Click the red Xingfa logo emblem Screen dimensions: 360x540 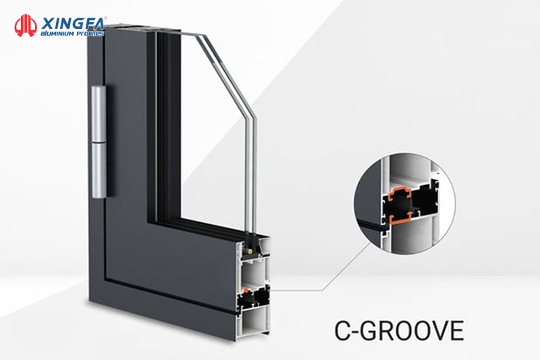pyautogui.click(x=25, y=24)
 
